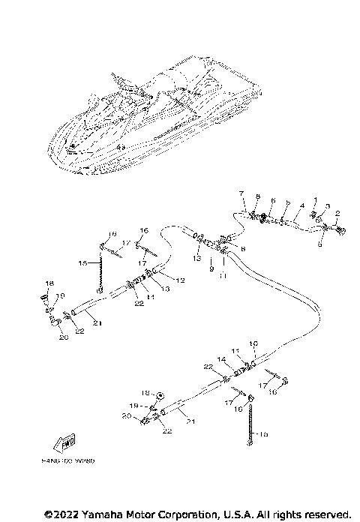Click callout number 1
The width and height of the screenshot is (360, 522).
(316, 201)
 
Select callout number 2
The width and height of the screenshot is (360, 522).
(337, 213)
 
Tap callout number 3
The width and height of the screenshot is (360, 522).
(327, 205)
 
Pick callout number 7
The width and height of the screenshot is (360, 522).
(242, 194)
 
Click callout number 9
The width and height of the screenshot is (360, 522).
(211, 268)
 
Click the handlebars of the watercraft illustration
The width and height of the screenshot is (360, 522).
(120, 79)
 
